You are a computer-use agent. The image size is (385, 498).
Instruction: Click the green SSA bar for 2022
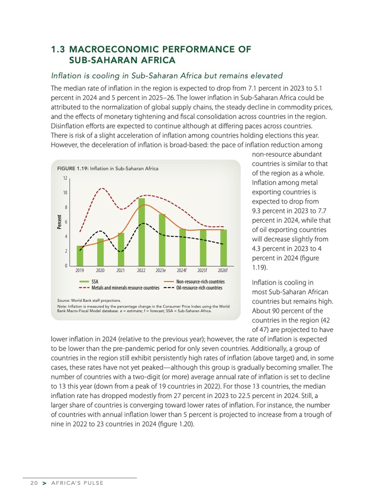click(x=141, y=233)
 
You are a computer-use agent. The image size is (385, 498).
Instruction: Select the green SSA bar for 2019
click(x=80, y=256)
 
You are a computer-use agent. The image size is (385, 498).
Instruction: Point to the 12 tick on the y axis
click(x=65, y=178)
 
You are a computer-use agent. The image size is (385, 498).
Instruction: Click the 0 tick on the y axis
click(x=67, y=266)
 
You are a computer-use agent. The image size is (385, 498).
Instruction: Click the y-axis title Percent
click(x=59, y=222)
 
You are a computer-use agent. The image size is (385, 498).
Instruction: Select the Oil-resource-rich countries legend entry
click(x=199, y=287)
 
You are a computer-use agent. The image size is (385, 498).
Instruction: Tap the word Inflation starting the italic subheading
click(x=66, y=75)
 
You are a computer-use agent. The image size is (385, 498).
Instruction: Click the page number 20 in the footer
click(x=34, y=483)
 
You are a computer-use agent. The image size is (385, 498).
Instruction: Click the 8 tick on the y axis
click(x=67, y=207)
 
